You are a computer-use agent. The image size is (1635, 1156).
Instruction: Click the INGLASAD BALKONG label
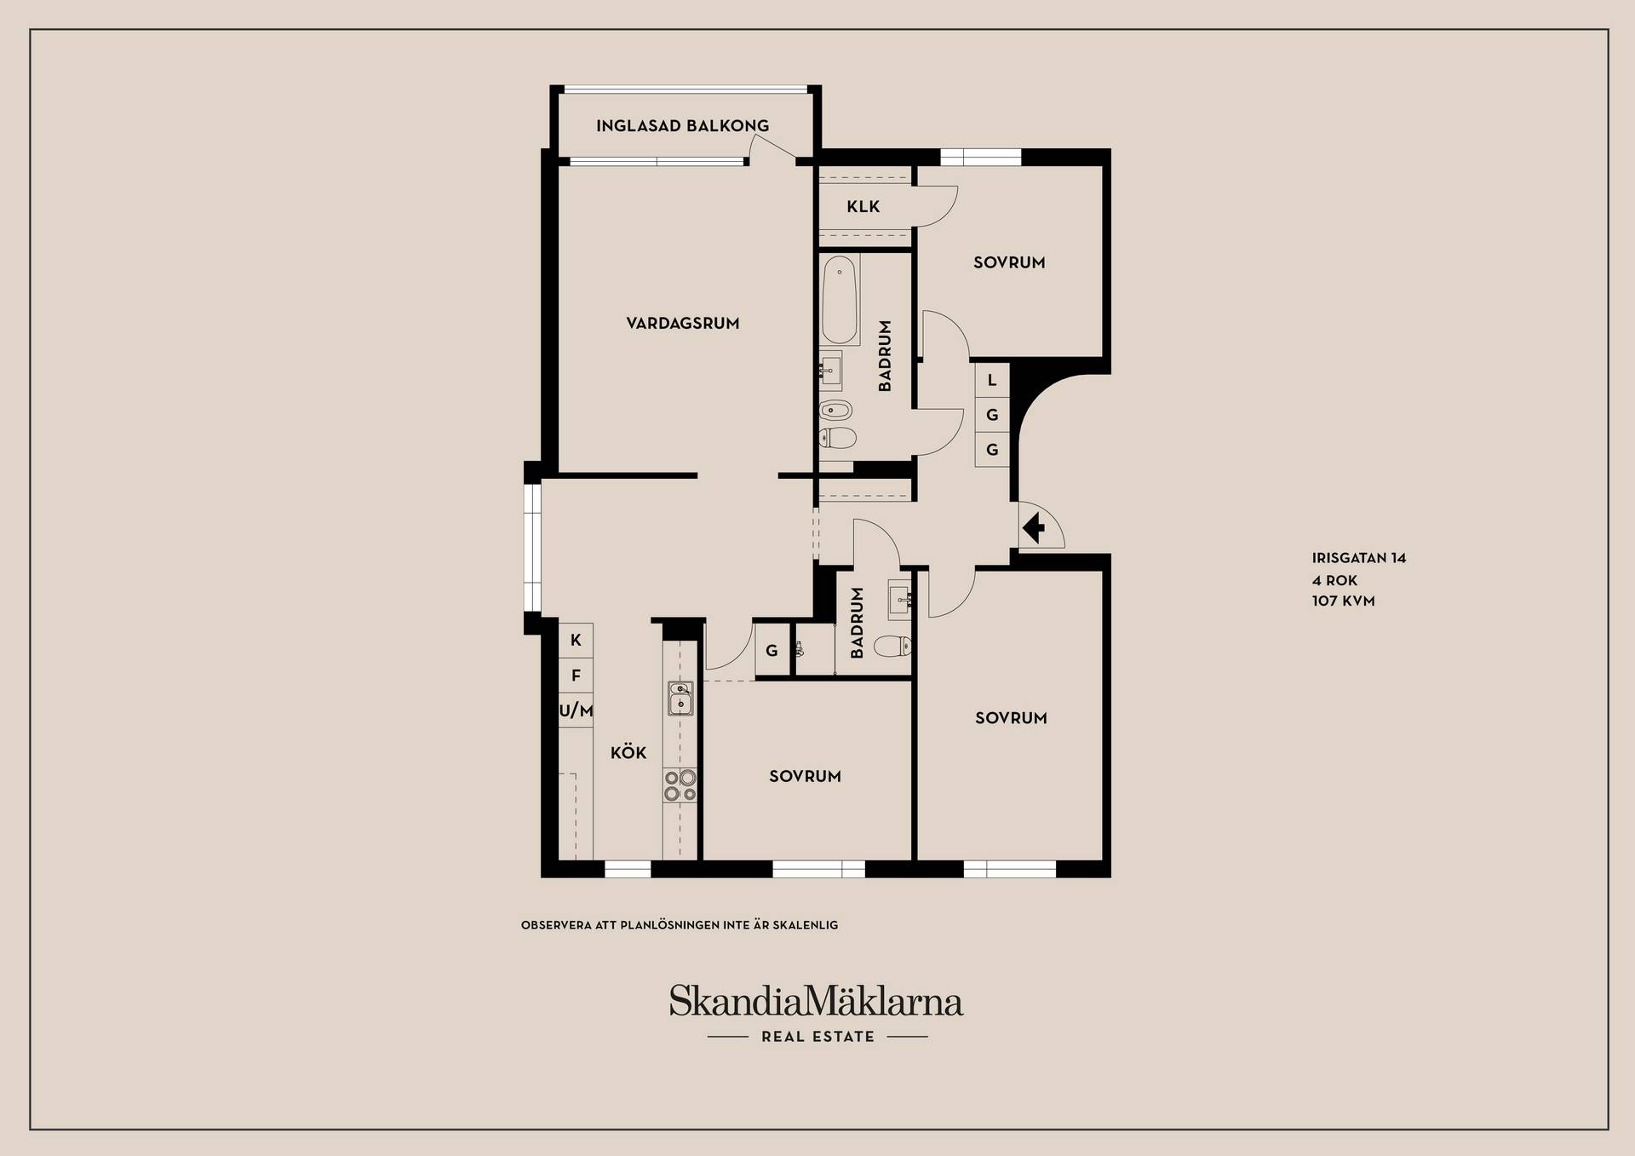pos(682,126)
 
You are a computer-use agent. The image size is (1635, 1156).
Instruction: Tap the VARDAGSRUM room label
pos(683,324)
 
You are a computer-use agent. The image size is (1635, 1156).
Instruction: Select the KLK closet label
pos(863,207)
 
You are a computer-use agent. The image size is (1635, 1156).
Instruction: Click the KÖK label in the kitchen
pos(628,753)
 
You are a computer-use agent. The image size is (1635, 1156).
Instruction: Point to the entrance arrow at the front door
pos(1034,529)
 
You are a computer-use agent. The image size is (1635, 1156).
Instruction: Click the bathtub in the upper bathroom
pos(840,299)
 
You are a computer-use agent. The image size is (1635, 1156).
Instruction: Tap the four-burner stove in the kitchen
pos(680,785)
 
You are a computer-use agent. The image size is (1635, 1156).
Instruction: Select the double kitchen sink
pos(680,698)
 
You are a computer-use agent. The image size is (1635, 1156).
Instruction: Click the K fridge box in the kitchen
pos(576,641)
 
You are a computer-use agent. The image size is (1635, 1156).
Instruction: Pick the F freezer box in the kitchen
pos(576,676)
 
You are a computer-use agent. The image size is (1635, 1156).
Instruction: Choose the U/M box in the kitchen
pos(576,710)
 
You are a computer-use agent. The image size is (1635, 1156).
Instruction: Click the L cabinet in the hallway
pos(992,381)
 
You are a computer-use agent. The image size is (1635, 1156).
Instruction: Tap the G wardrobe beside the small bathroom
pos(772,651)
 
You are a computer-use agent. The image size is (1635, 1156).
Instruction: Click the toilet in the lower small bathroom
pos(894,647)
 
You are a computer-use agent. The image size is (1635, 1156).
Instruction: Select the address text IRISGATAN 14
pos(1359,559)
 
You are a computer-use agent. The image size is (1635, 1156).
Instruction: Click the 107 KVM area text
pos(1344,601)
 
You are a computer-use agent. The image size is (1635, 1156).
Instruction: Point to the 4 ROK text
pos(1335,581)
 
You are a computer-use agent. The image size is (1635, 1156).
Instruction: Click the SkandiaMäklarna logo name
pos(816,1001)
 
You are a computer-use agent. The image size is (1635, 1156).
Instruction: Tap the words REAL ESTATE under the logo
pos(818,1037)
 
